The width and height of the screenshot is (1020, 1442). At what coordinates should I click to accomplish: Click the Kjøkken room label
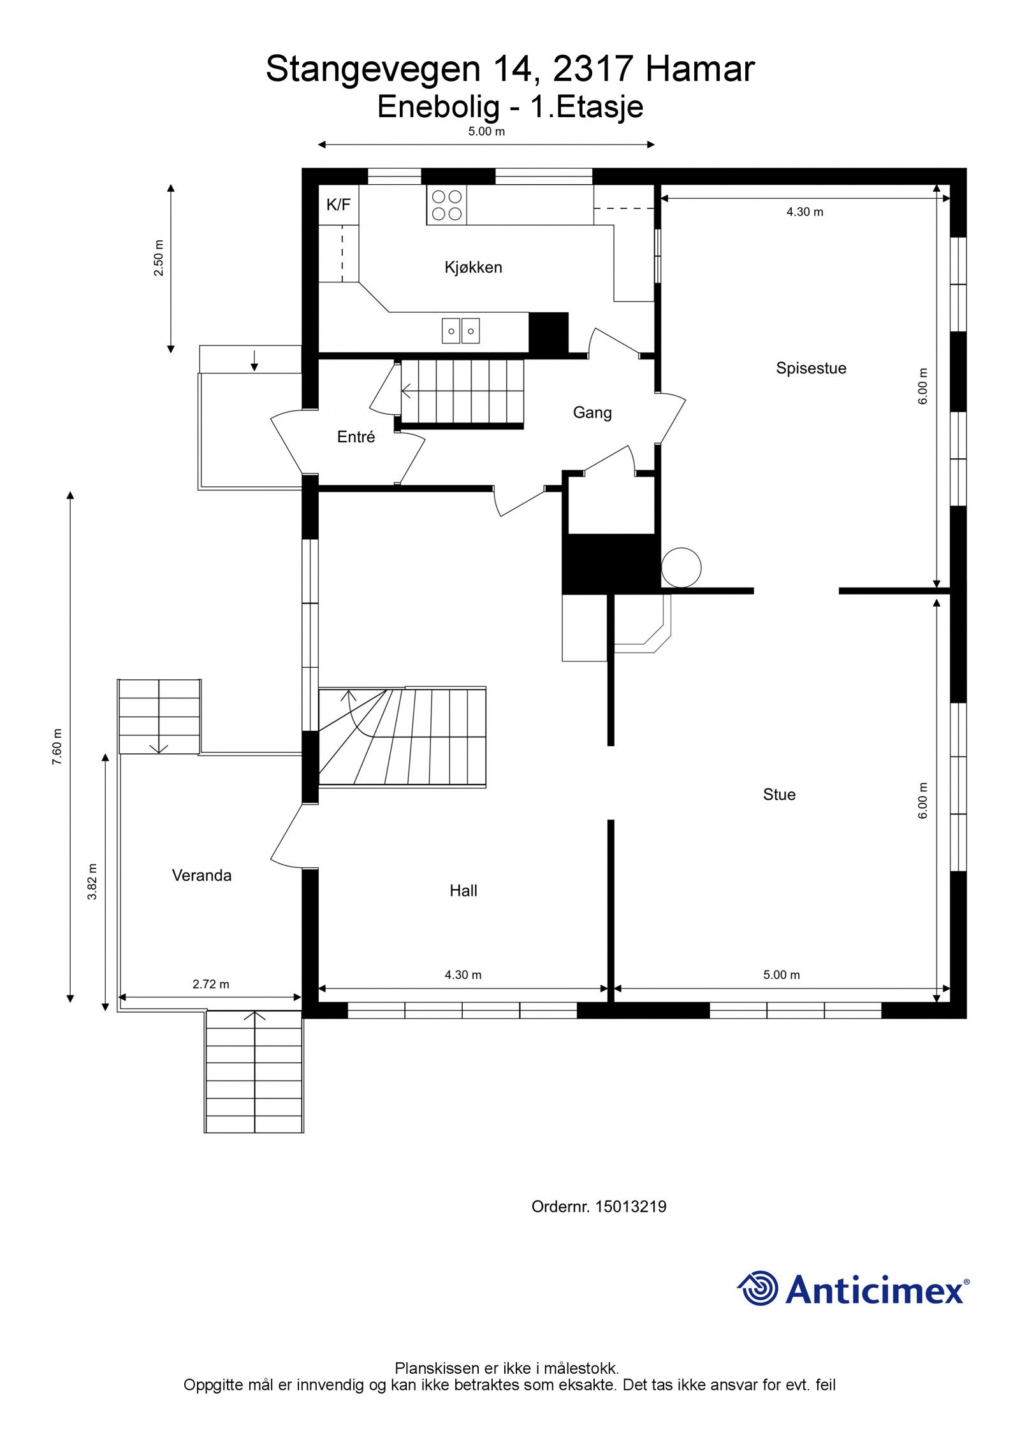click(473, 267)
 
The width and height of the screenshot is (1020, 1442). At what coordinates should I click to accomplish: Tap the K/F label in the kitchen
click(338, 205)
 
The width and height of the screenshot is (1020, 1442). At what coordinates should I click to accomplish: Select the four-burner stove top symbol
click(446, 205)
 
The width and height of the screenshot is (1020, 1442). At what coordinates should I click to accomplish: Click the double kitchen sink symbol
click(460, 331)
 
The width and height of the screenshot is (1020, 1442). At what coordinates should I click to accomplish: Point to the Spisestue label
click(810, 368)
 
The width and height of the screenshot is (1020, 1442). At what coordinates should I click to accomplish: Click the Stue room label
click(778, 794)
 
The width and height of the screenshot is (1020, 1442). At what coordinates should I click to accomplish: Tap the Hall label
click(463, 890)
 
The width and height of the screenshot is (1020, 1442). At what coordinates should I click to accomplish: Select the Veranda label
click(201, 875)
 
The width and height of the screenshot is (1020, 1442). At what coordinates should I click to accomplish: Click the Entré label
click(356, 436)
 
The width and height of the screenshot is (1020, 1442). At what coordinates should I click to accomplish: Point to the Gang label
click(592, 412)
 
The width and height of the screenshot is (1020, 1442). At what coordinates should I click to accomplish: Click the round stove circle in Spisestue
click(681, 567)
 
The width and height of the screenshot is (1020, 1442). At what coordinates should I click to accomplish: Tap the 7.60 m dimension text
click(57, 746)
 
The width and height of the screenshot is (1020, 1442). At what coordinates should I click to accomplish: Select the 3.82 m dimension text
click(92, 881)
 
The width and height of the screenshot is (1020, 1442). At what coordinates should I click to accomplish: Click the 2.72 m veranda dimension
click(210, 984)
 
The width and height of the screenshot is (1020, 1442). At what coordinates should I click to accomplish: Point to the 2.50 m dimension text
click(159, 257)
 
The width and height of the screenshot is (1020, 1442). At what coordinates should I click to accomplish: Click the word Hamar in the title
click(699, 69)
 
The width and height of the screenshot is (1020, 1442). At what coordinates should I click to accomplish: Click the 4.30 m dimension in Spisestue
click(805, 212)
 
